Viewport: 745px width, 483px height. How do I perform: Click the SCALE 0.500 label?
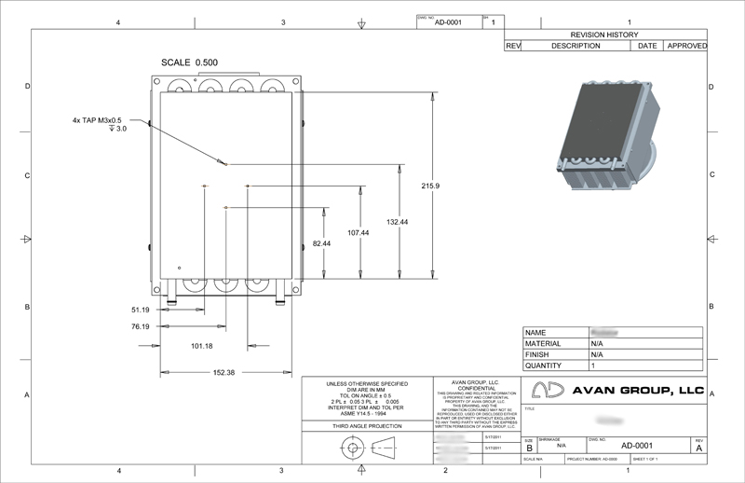click(x=190, y=62)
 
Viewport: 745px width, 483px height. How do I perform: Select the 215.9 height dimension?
click(x=429, y=186)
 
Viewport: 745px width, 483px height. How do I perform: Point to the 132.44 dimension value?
click(x=398, y=221)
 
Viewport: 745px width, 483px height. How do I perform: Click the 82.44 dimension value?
click(x=321, y=243)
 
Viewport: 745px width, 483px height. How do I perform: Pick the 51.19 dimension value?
click(x=140, y=309)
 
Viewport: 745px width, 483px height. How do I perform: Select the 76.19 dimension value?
click(x=140, y=326)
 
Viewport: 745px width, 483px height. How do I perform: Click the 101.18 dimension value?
click(x=201, y=346)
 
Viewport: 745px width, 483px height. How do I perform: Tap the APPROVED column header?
click(x=686, y=46)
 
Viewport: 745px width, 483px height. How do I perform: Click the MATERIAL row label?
click(x=544, y=343)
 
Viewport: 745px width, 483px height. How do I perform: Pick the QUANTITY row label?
click(x=545, y=366)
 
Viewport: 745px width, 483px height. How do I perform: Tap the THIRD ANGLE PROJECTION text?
click(x=367, y=425)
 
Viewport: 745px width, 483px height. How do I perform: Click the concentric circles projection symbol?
click(x=352, y=448)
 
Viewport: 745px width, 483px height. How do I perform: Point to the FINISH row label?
click(x=537, y=354)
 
